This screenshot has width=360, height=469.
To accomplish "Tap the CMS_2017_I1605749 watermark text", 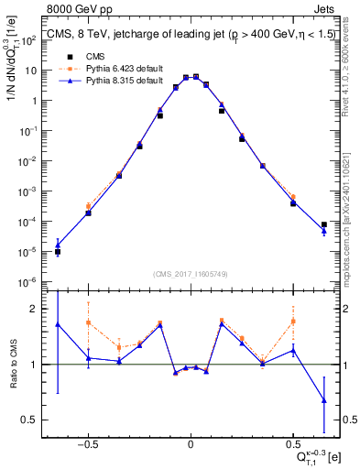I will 190,273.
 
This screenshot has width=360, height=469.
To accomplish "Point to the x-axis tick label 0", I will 190,442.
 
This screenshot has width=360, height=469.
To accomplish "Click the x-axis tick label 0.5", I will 292,442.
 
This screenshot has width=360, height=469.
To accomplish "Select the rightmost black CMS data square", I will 324,224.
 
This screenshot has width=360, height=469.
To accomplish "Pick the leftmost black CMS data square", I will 58,251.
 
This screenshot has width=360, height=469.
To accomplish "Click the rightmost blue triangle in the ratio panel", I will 324,399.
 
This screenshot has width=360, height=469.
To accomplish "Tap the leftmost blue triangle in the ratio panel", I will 58,324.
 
